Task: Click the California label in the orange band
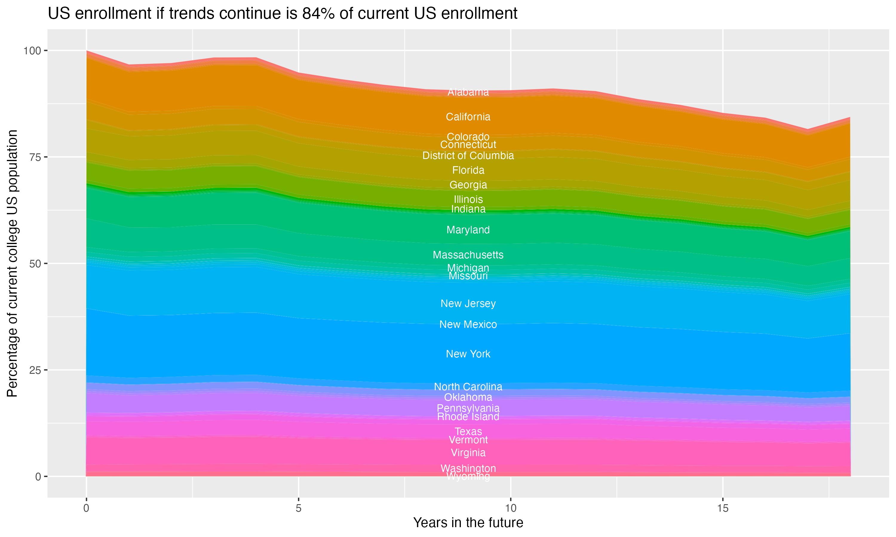coord(468,117)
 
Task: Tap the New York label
coord(468,354)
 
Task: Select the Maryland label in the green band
coord(468,230)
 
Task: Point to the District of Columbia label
coord(468,156)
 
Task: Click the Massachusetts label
coord(468,255)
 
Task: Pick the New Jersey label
coord(468,304)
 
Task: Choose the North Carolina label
coord(468,387)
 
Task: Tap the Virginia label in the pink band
coord(468,453)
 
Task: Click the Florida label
coord(468,170)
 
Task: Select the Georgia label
coord(468,185)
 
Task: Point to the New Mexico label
coord(468,324)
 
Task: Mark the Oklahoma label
coord(468,397)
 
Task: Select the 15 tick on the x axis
coord(722,508)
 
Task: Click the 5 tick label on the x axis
coord(298,508)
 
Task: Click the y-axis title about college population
coord(12,263)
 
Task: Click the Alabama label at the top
coord(468,92)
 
